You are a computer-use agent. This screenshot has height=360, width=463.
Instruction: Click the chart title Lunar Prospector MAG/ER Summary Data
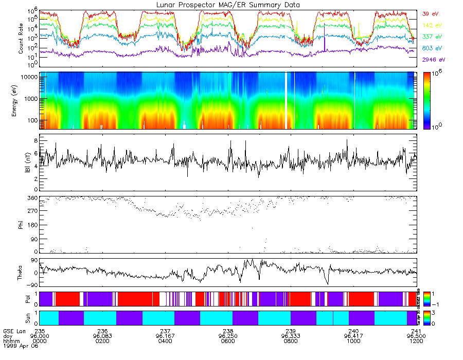click(228, 5)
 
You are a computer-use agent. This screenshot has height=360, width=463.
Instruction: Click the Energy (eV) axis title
click(21, 101)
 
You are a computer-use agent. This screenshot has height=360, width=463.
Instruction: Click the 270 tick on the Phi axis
click(31, 211)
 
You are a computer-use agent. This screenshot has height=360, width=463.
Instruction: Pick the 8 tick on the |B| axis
click(35, 140)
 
